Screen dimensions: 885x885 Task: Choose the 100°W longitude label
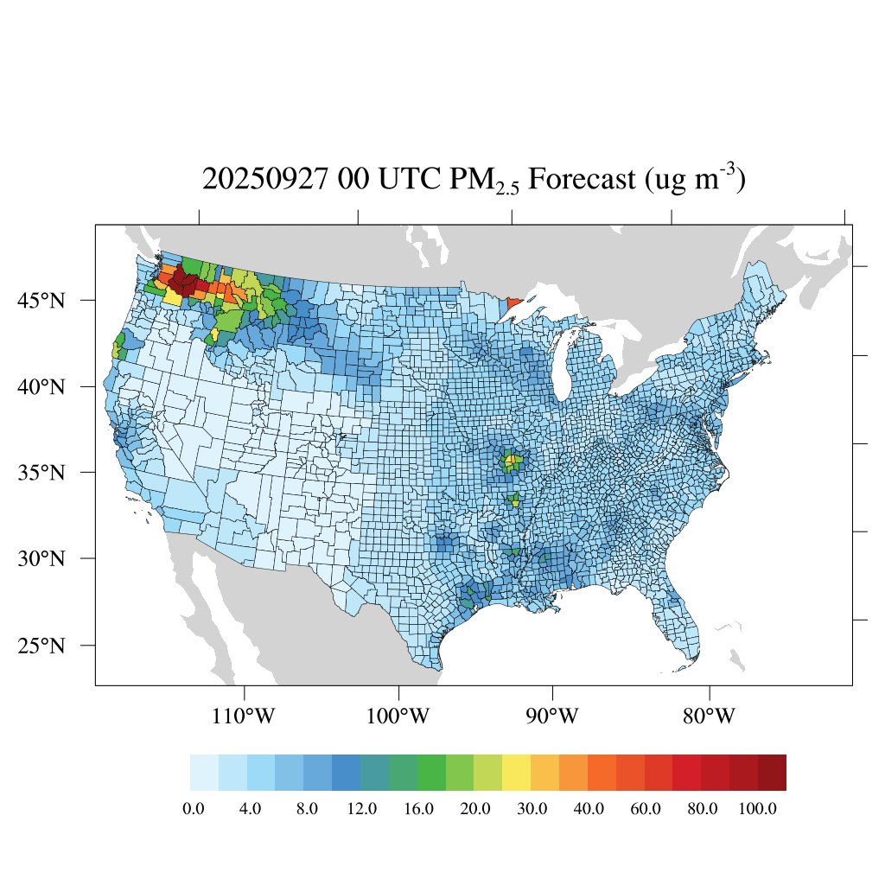398,716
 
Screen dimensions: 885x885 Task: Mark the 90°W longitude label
551,716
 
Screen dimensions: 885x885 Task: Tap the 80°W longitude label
709,716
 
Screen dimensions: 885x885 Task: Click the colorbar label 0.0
194,809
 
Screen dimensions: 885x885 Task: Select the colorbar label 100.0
761,809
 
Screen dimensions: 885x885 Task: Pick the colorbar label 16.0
418,809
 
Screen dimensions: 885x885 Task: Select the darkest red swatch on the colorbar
772,773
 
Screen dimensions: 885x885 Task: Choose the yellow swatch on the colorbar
516,773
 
